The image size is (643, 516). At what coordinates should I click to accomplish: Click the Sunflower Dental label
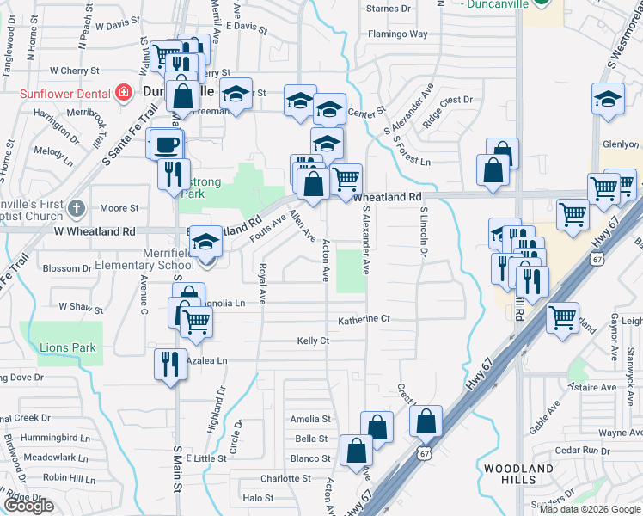click(x=56, y=92)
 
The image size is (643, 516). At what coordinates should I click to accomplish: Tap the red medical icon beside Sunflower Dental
click(x=124, y=92)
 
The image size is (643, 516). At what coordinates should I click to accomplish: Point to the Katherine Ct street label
click(x=364, y=319)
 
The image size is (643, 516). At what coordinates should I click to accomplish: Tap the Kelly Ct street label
click(x=313, y=341)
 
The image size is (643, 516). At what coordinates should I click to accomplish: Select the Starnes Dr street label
click(x=388, y=9)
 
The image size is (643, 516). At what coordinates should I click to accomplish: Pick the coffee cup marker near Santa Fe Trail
click(x=166, y=143)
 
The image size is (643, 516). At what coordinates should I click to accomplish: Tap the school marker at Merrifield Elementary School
click(x=206, y=243)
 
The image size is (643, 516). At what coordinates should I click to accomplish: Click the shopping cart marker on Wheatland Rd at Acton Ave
click(x=346, y=179)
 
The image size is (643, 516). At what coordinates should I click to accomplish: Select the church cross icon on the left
click(x=77, y=208)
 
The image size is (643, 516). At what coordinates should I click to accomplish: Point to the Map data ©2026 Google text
click(x=590, y=509)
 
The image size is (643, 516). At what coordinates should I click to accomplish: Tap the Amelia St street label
click(x=311, y=419)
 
